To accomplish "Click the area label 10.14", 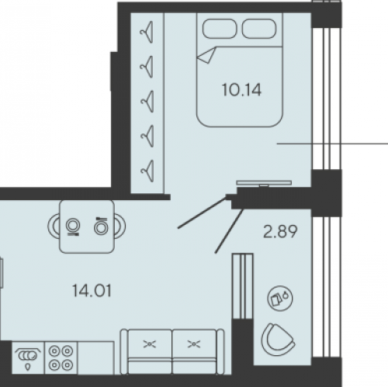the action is pos(241,90).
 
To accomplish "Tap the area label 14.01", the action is pos(92,290).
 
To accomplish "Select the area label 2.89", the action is pos(280,231).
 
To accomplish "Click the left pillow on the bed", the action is pos(220,29).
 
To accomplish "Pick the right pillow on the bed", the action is pos(259,29).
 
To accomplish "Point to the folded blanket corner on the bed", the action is pos(206,55).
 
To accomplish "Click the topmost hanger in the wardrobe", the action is pos(147,32).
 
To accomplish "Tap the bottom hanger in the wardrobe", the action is pos(147,171).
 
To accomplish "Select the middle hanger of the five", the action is pos(147,101).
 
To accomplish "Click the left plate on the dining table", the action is pos(73,226).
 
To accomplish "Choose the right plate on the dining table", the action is pos(101,226).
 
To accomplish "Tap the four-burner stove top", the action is pos(61,358).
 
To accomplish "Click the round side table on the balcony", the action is pos(280,299).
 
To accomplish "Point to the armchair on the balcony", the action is pos(278,340).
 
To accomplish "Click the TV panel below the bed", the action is pos(264,183).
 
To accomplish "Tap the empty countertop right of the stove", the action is pos(95,358).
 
